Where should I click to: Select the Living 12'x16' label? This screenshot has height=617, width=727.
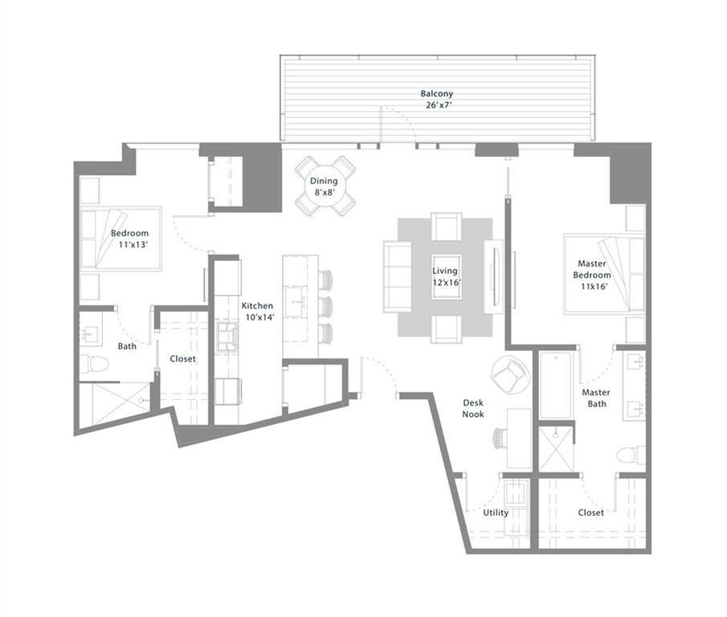click(x=445, y=276)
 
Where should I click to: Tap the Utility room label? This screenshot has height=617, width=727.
click(x=495, y=512)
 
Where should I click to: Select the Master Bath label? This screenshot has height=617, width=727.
click(x=596, y=398)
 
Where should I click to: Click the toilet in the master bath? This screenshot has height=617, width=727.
click(x=631, y=456)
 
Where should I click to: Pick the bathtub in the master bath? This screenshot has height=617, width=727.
click(x=556, y=385)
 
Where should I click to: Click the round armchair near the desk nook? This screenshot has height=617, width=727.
click(x=509, y=375)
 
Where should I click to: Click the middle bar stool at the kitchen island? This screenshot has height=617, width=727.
click(x=325, y=306)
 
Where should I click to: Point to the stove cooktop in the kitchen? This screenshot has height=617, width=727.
click(x=227, y=336)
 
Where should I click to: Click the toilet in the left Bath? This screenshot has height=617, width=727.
click(x=95, y=364)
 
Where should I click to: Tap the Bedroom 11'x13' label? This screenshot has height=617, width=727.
click(x=129, y=239)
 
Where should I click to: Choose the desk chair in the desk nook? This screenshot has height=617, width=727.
click(x=501, y=437)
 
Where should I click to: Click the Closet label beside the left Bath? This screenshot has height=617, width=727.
click(x=182, y=359)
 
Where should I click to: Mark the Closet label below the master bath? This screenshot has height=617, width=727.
click(x=590, y=512)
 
